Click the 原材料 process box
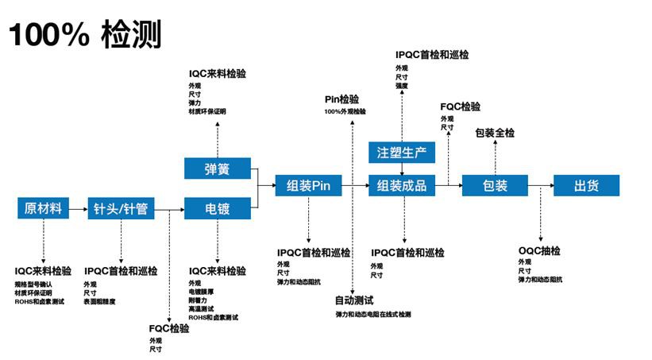tap(42, 209)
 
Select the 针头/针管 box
tap(122, 209)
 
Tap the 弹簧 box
tap(217, 168)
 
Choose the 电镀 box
tap(217, 209)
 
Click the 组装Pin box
tap(308, 186)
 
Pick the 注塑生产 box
tap(403, 152)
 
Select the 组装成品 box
tap(403, 186)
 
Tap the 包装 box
tap(495, 186)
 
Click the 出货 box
tap(587, 186)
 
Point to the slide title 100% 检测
tap(85, 35)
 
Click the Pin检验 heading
tap(341, 99)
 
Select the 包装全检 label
tap(495, 133)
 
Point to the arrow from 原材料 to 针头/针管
tap(76, 209)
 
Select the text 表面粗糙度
tap(100, 302)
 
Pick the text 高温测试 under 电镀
tap(202, 309)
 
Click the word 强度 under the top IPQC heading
tap(401, 85)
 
